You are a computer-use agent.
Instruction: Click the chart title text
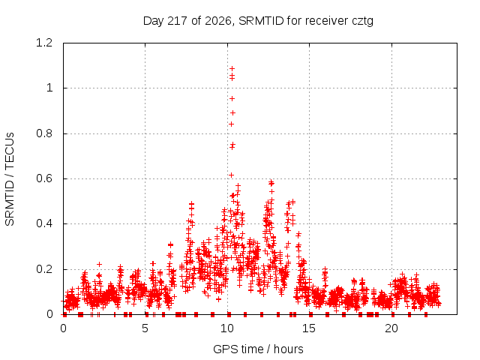[258, 21]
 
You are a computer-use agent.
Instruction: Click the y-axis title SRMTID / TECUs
[10, 179]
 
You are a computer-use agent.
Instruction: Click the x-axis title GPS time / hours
[258, 349]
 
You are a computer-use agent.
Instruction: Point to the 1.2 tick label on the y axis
[44, 43]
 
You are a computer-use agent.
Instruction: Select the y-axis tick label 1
[49, 88]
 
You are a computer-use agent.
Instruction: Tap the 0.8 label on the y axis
[44, 133]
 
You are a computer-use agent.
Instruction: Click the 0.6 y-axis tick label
[44, 178]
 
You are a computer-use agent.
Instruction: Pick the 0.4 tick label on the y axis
[44, 223]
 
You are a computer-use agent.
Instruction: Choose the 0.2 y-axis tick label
[44, 269]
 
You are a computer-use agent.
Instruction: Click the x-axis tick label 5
[145, 328]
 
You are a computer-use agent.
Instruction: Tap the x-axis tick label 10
[227, 328]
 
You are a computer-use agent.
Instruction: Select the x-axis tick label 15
[309, 328]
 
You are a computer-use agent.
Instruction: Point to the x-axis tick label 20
[391, 328]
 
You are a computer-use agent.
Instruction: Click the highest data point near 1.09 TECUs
[232, 68]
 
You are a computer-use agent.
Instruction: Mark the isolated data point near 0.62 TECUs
[232, 175]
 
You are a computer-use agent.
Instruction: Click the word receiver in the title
[327, 21]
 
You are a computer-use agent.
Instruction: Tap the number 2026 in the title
[218, 21]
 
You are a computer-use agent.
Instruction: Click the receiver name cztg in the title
[362, 22]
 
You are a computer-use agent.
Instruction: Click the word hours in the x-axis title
[288, 349]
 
